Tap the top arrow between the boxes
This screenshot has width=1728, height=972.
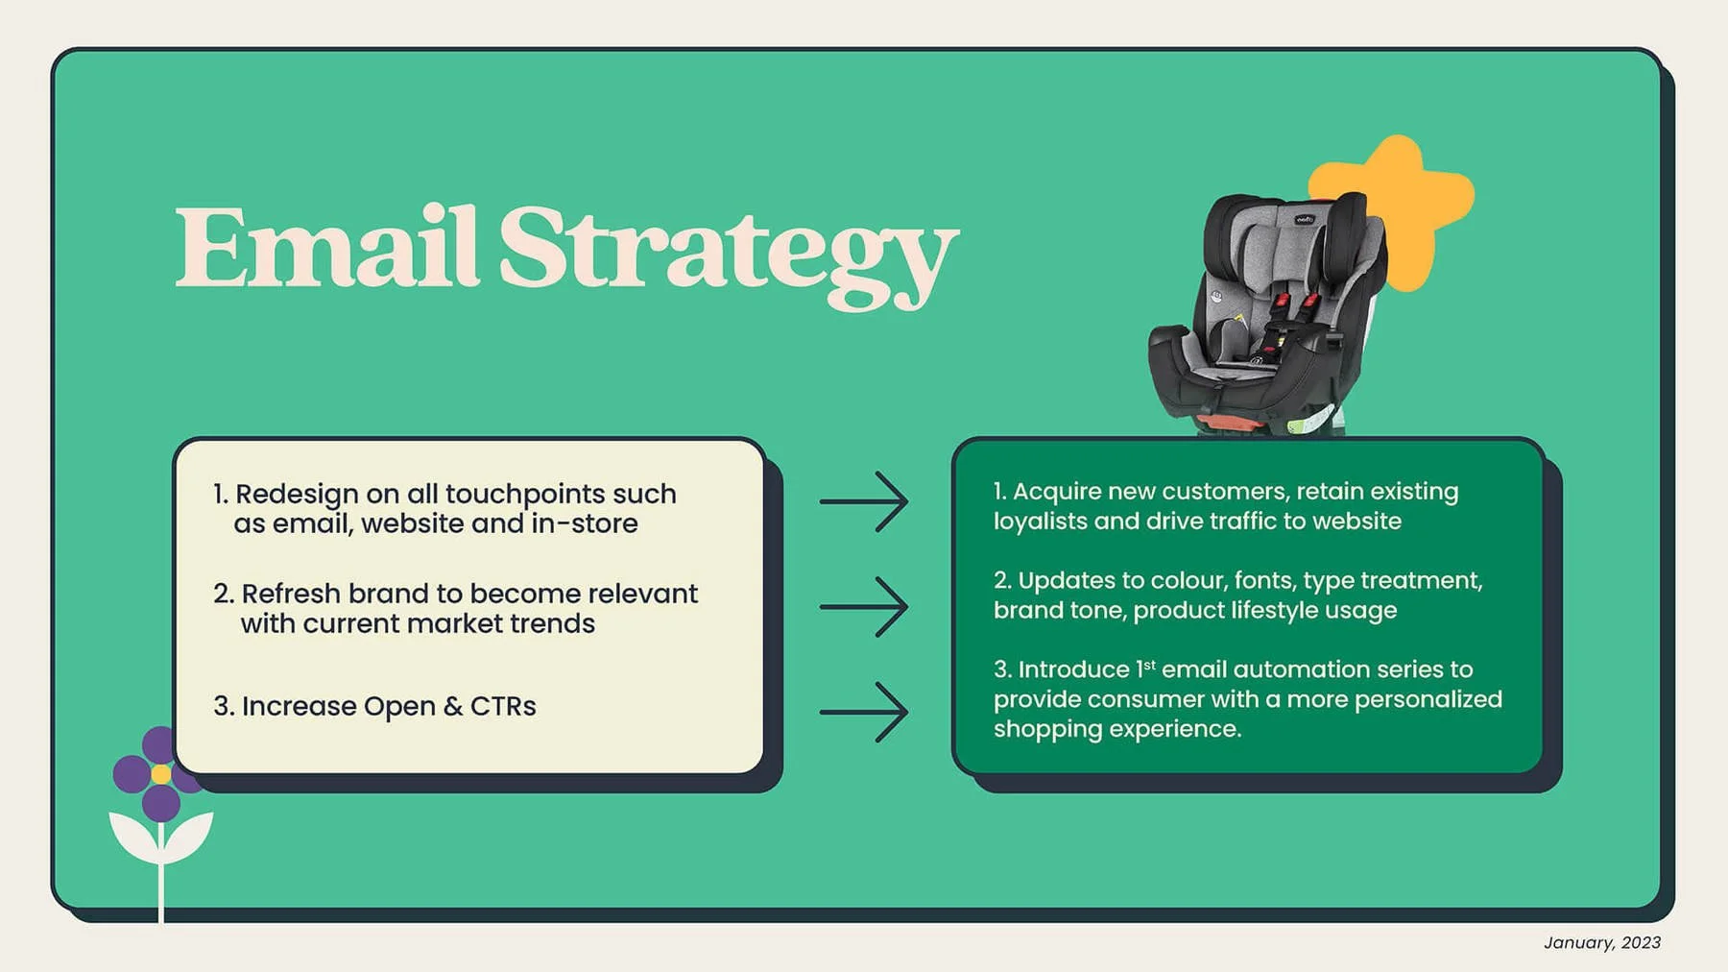pyautogui.click(x=864, y=501)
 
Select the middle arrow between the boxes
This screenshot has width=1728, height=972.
pyautogui.click(x=864, y=607)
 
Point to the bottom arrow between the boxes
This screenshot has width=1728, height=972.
pyautogui.click(x=864, y=713)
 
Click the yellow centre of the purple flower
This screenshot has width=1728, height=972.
pyautogui.click(x=161, y=774)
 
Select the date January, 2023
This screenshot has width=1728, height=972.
pyautogui.click(x=1601, y=942)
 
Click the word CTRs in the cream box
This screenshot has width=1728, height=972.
pyautogui.click(x=503, y=706)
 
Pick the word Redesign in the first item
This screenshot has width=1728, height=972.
pyautogui.click(x=297, y=494)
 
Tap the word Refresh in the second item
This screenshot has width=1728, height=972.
pyautogui.click(x=291, y=594)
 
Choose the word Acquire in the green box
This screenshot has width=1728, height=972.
pyautogui.click(x=1057, y=492)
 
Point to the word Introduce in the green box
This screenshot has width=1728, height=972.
pyautogui.click(x=1073, y=669)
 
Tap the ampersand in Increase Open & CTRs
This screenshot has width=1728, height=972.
pyautogui.click(x=453, y=707)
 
